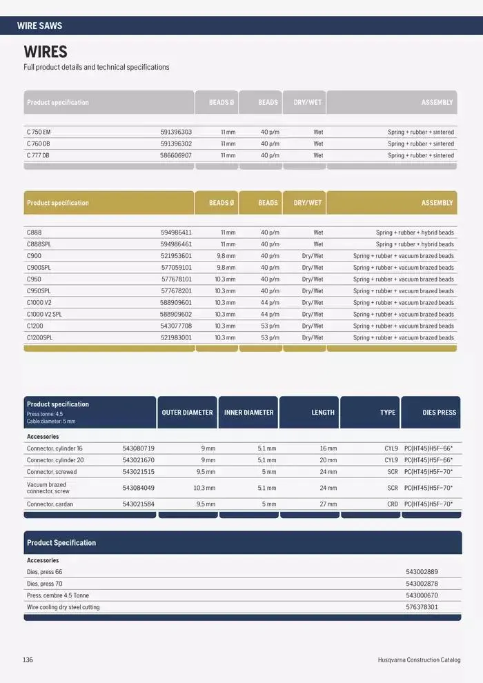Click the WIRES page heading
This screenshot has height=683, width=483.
click(46, 52)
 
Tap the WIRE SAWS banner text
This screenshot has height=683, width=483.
click(39, 26)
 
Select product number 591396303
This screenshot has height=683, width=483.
click(176, 132)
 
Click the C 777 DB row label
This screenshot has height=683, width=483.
click(39, 155)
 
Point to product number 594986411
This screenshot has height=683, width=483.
click(176, 232)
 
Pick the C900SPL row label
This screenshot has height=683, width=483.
click(39, 268)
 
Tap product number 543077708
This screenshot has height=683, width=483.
click(176, 326)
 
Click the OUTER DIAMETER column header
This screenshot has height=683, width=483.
click(187, 413)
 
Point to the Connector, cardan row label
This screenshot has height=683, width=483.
click(50, 504)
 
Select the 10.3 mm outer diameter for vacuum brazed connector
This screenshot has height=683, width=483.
click(204, 488)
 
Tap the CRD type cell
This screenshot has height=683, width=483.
click(392, 504)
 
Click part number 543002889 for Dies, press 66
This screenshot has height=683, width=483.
click(422, 572)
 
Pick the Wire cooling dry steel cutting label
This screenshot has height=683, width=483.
click(63, 607)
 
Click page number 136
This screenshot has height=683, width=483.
click(28, 660)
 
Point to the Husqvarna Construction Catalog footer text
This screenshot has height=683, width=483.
click(419, 660)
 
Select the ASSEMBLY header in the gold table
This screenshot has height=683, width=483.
click(437, 203)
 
